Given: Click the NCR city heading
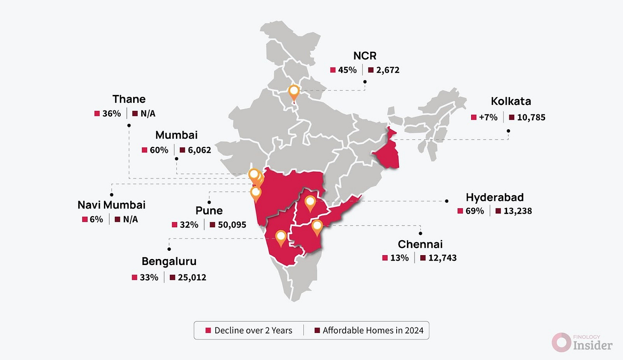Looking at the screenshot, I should pos(365,56).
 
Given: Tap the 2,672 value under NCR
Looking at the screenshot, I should pos(388,70).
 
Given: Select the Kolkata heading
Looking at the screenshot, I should pos(511,101).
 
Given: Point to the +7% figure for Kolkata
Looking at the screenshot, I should pos(488,117).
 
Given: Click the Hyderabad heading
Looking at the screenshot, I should pos(495,197).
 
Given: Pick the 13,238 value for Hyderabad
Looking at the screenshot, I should pos(517,211).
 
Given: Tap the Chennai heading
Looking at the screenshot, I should pos(420,244).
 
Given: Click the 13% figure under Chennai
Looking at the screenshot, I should pos(399,258).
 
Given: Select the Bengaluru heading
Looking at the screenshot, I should pos(169,262).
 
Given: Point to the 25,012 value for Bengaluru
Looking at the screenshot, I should pos(192,277).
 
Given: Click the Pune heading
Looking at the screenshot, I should pos(209,211).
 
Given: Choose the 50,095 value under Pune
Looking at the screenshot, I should pos(232,225).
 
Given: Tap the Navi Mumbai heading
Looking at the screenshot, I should pos(112,205).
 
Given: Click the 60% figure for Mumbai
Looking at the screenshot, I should pos(159,150).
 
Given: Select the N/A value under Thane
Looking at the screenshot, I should pos(148,114).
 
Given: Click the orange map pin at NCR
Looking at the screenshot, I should pos(294,91).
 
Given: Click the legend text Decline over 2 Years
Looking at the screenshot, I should pos(253,330).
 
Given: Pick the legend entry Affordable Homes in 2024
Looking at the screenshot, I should pos(373,330).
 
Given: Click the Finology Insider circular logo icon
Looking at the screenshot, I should pos(561,342).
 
